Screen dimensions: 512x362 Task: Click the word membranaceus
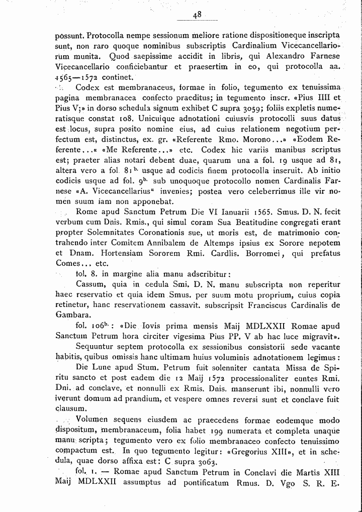pyautogui.click(x=132, y=87)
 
